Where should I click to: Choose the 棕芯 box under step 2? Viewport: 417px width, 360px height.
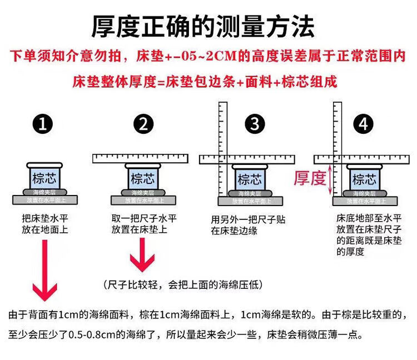tap(142, 178)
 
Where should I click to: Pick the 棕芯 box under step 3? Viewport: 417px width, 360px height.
tap(250, 179)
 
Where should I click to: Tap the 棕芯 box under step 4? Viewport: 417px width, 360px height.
tap(364, 179)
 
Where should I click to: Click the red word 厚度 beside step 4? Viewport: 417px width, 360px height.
tap(310, 178)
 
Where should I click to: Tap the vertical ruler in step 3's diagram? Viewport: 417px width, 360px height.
tap(225, 147)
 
